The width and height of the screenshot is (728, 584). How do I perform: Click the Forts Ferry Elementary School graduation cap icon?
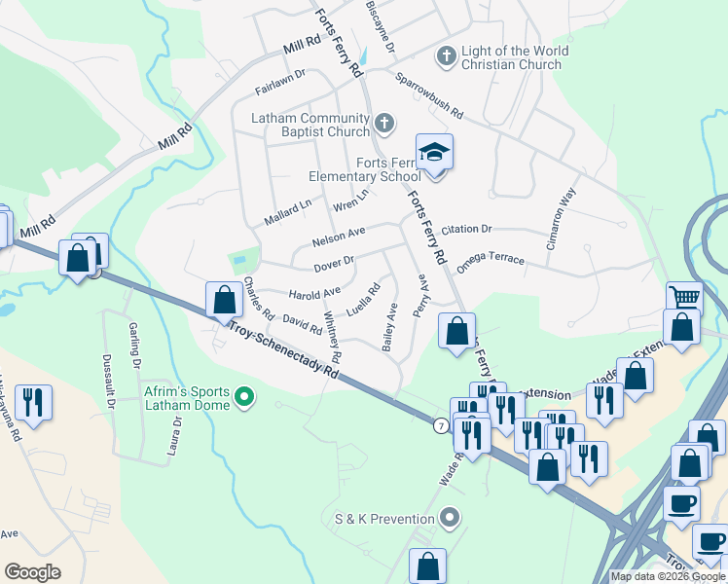click(x=435, y=153)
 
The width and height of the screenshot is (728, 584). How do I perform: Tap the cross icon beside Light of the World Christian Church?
click(x=446, y=57)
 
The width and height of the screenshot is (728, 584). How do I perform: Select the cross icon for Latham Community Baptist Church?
click(x=384, y=124)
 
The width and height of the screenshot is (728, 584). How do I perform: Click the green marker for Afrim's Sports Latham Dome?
click(x=244, y=398)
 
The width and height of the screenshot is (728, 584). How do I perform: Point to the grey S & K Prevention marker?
click(x=449, y=519)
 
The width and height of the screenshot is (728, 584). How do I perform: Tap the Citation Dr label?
click(x=466, y=230)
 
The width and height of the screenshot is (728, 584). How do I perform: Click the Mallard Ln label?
click(x=287, y=212)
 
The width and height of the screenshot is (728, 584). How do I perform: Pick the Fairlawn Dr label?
click(x=280, y=79)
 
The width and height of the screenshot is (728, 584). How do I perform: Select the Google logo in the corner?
click(x=32, y=571)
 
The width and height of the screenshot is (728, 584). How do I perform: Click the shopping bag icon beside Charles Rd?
click(x=224, y=299)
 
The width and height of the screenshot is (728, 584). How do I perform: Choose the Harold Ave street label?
click(x=314, y=291)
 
